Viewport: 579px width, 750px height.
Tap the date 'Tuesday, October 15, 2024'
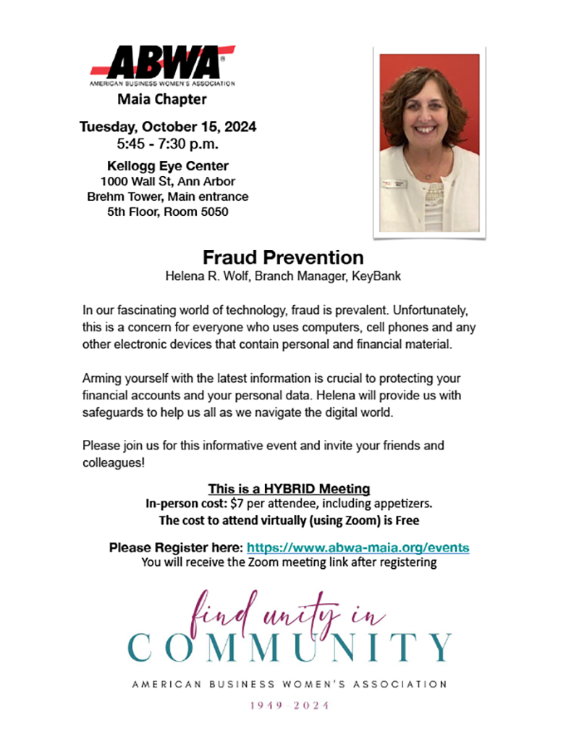coord(168,128)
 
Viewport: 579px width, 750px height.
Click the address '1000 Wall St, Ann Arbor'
coord(168,181)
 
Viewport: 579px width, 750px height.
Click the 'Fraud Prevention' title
coord(283,257)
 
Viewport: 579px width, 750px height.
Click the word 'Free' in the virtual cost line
coord(407,520)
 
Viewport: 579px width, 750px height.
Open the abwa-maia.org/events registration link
coord(358,548)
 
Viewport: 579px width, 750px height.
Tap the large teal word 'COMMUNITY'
coord(289,646)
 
